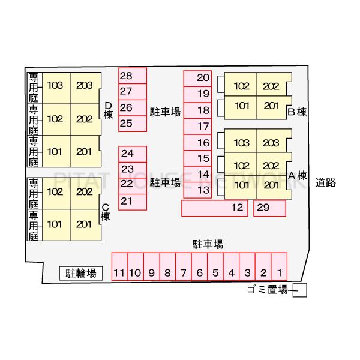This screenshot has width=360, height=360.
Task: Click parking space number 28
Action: tap(132, 76)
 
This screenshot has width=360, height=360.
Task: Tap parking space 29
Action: tap(269, 208)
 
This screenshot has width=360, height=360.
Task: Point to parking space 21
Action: tap(132, 201)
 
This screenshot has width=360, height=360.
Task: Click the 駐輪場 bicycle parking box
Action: tap(82, 273)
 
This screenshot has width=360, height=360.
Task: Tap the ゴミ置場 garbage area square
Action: tap(301, 290)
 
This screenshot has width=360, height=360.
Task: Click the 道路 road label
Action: tap(326, 183)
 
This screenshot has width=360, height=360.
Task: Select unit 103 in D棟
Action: tap(55, 85)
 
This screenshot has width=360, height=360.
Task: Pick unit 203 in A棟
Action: tap(271, 143)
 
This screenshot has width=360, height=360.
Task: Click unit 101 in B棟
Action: tap(241, 106)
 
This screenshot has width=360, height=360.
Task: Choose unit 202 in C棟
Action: tap(85, 192)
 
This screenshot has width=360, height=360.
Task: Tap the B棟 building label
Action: tap(297, 112)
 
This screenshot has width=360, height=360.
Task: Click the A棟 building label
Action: tap(298, 176)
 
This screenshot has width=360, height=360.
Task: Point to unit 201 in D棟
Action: tap(85, 152)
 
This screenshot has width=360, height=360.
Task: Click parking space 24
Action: tap(132, 154)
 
